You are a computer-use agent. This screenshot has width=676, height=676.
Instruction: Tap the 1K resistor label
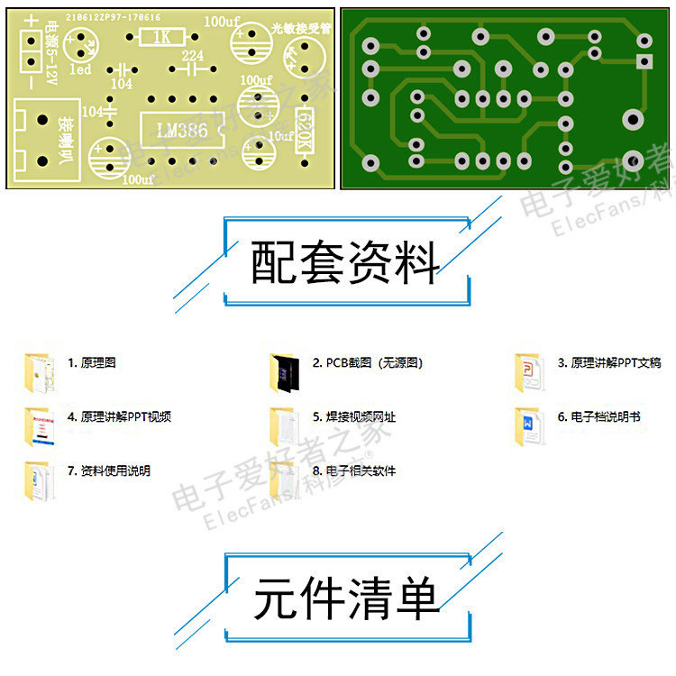162,38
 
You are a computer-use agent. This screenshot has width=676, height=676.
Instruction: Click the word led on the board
79,70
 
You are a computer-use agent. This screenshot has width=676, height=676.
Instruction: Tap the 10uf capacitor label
281,136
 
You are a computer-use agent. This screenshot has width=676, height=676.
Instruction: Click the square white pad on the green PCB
644,61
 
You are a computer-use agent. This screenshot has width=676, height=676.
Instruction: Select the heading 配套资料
346,262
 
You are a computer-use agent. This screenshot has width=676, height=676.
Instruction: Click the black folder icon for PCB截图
284,371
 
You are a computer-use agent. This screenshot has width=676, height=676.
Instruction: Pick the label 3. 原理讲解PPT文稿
608,363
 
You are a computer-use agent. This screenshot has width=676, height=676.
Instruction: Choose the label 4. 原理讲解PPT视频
119,417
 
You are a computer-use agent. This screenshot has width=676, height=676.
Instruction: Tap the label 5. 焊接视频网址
353,417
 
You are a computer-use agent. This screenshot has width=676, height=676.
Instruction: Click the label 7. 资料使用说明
108,470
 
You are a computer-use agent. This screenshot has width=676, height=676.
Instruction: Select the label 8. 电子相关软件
353,470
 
